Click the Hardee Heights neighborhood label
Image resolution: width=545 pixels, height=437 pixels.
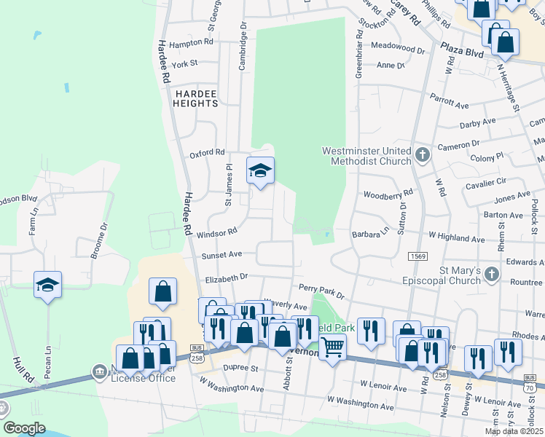tap(195, 98)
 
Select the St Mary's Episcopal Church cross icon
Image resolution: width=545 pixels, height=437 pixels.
tap(492, 275)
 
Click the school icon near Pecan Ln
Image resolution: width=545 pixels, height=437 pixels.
tap(47, 284)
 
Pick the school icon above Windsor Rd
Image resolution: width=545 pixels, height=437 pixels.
tap(260, 171)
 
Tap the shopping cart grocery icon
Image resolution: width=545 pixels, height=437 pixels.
tap(332, 347)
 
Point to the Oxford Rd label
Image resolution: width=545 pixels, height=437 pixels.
tap(207, 152)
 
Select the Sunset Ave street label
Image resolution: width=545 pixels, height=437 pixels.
tap(223, 256)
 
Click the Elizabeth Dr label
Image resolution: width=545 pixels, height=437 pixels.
tap(227, 277)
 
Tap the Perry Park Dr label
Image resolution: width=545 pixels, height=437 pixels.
tap(321, 291)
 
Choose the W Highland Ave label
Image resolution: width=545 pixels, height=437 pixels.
tap(456, 238)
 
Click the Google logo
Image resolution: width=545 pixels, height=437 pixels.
tap(24, 428)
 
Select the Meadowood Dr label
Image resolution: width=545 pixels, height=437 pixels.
tap(397, 50)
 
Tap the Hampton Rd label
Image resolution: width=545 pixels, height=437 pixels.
tap(191, 43)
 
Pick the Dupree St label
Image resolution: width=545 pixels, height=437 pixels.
tap(240, 369)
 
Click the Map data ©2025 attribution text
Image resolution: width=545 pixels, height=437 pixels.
tap(513, 431)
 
